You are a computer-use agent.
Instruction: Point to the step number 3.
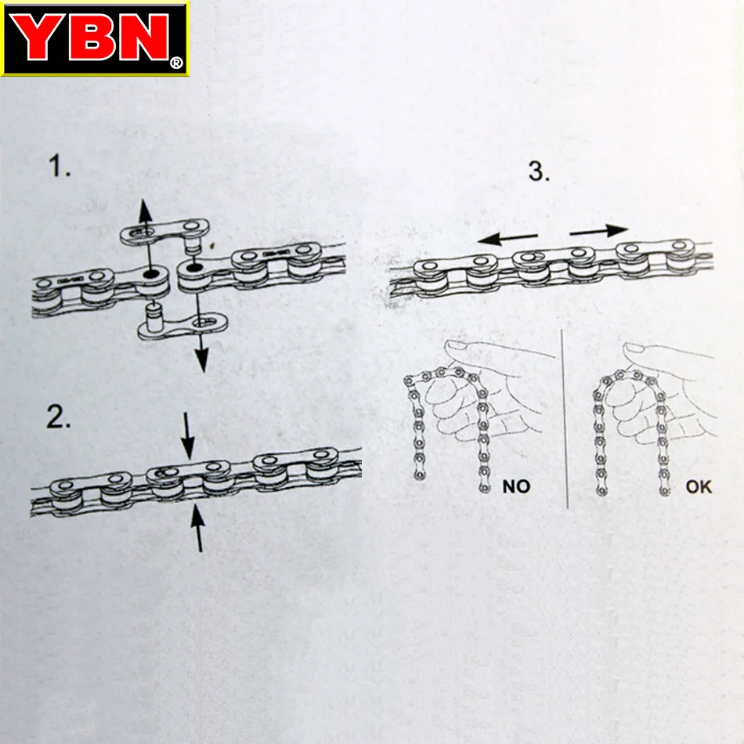(539, 170)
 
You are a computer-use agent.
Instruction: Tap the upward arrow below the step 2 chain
(199, 528)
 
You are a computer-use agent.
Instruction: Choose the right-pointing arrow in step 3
(599, 230)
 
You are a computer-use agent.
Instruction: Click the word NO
(515, 486)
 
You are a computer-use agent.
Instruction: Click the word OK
(699, 486)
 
